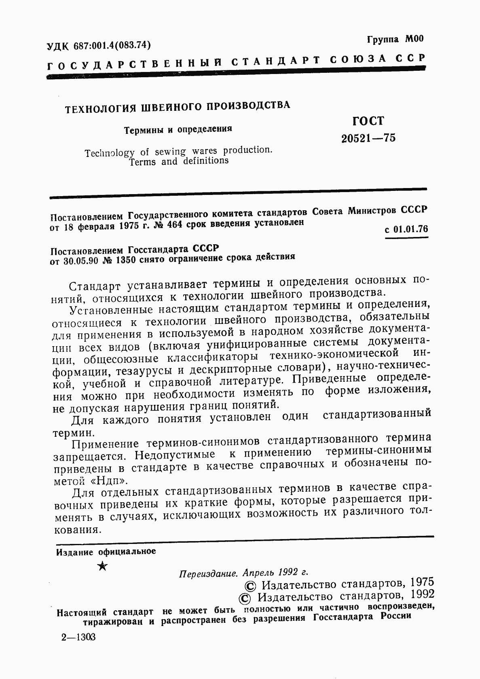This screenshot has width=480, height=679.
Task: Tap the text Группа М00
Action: [x=395, y=39]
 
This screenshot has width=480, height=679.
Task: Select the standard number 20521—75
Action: [x=368, y=138]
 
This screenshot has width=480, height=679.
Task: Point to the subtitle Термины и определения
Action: [x=178, y=129]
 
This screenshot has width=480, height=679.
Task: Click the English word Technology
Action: [x=110, y=153]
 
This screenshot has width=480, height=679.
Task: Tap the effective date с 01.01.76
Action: [x=406, y=229]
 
